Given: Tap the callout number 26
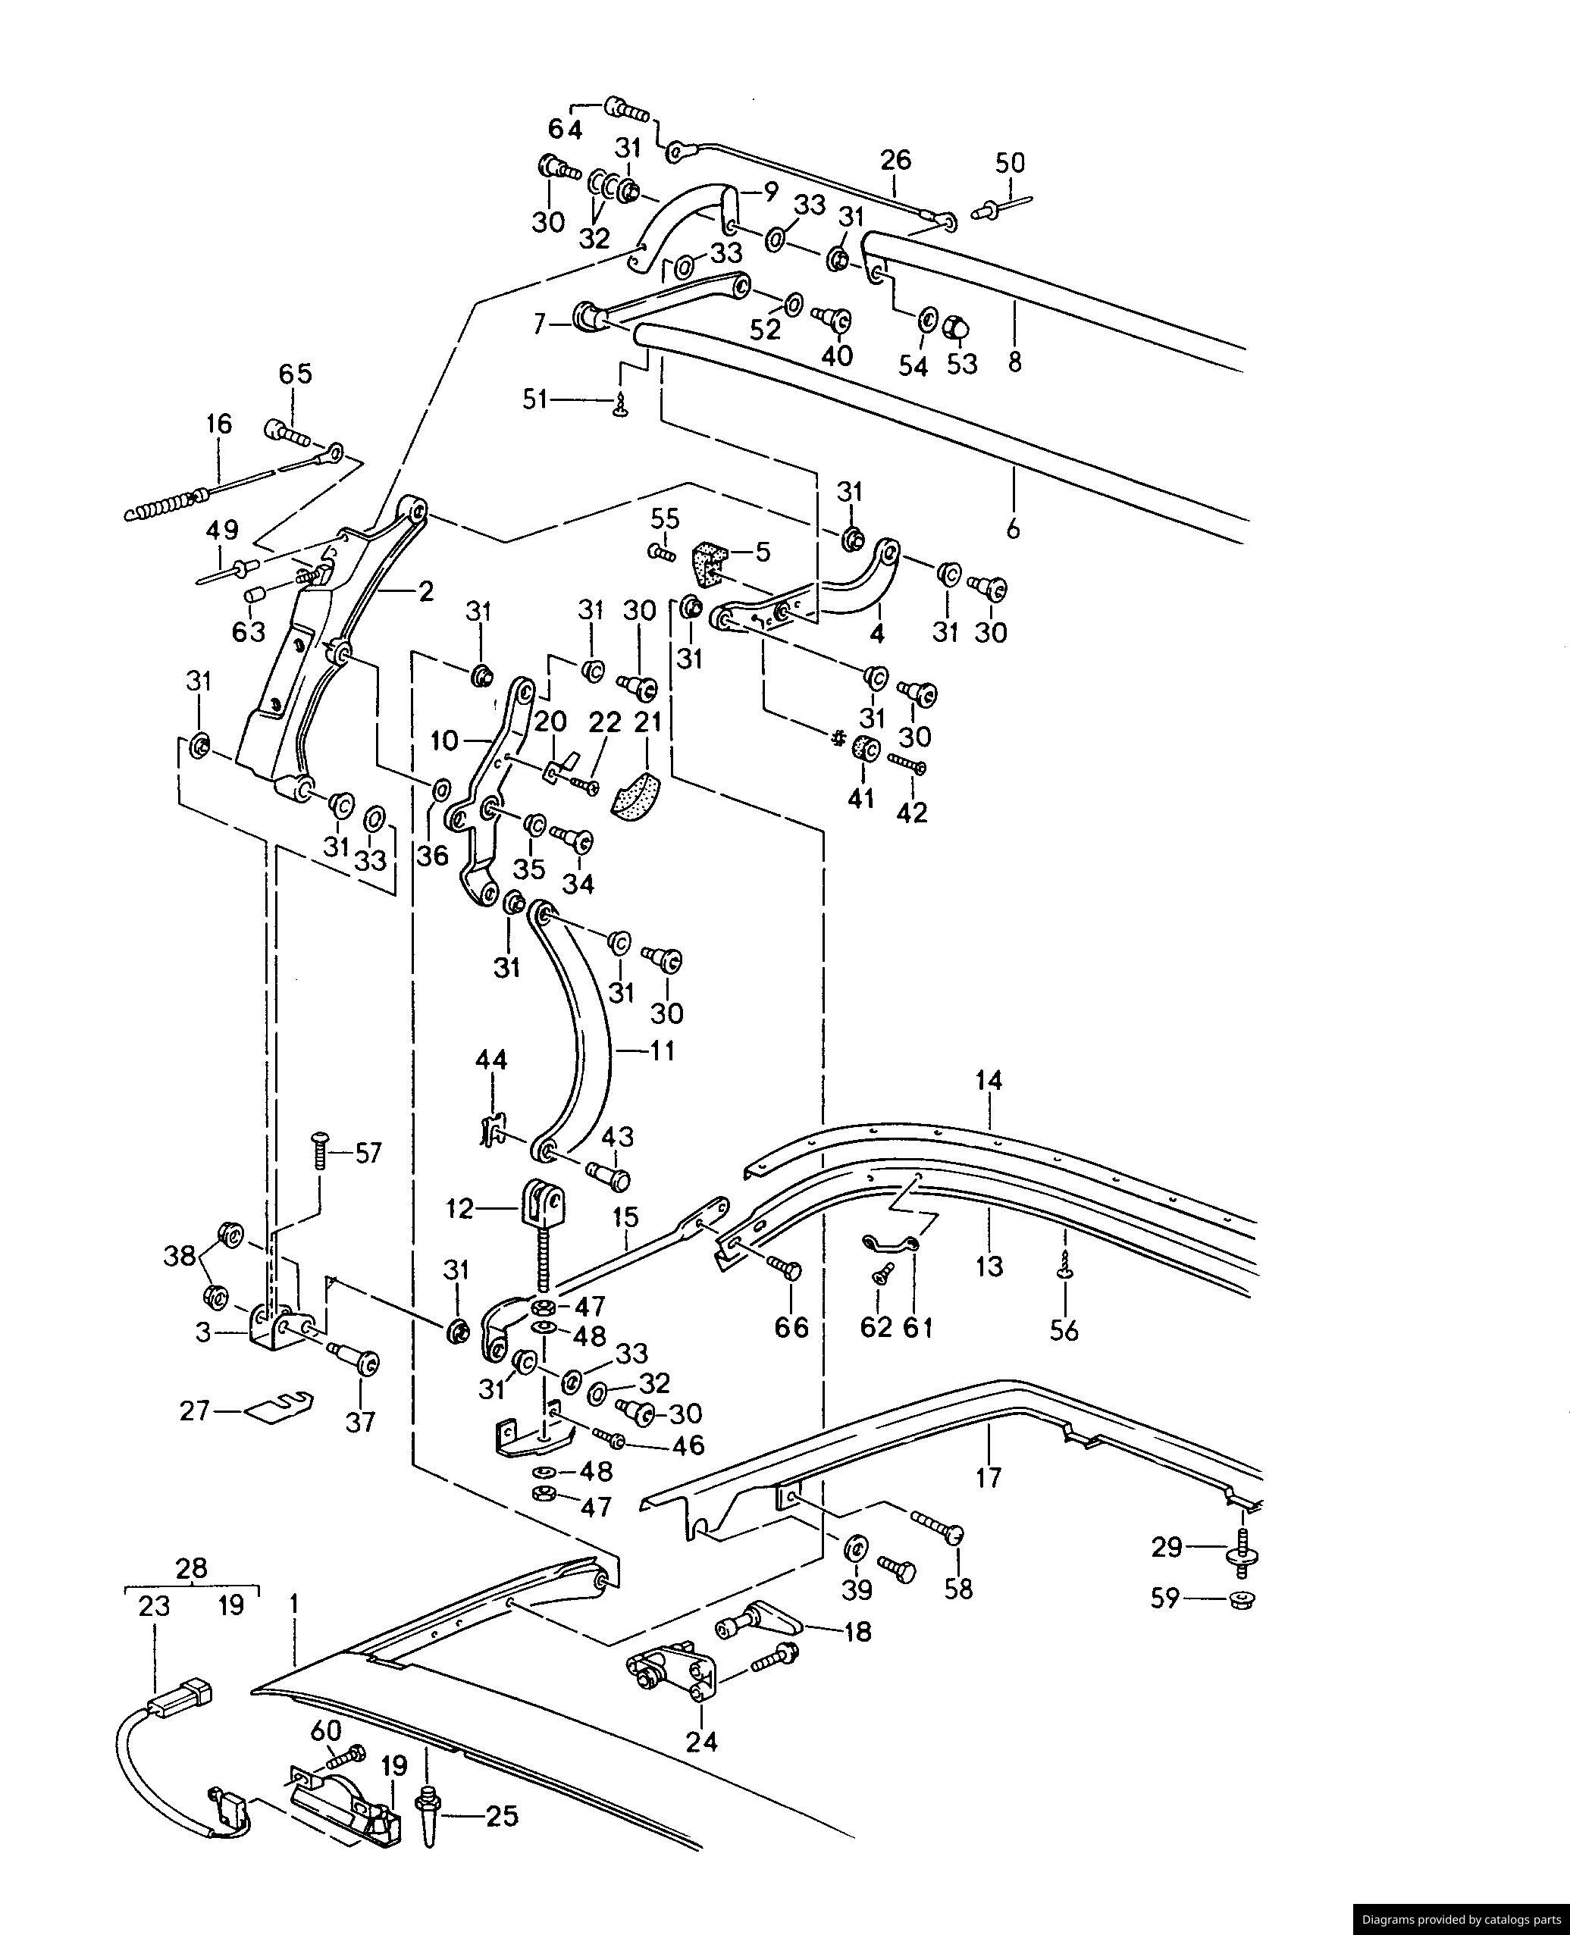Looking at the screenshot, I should (x=895, y=160).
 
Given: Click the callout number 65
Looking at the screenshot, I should (x=295, y=374).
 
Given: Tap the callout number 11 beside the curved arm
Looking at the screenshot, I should (x=662, y=1051).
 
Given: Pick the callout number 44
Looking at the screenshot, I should (x=491, y=1060).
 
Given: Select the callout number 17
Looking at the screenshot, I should (x=989, y=1477).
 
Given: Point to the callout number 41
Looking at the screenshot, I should (x=860, y=798).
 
